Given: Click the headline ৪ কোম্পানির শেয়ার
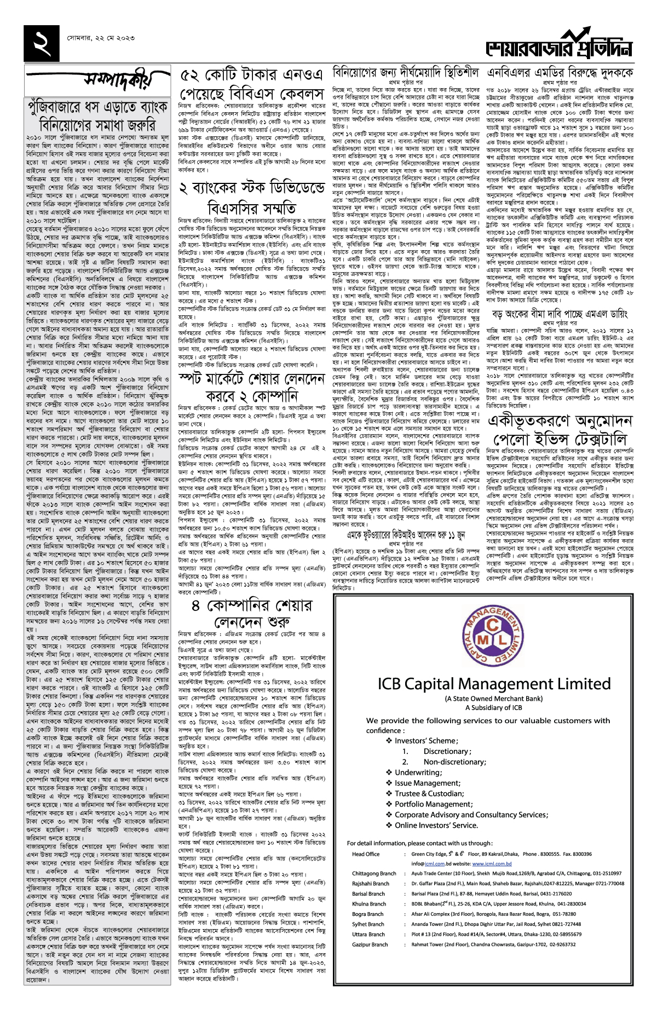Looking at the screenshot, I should (x=252, y=606).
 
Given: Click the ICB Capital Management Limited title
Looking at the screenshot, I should (x=494, y=684).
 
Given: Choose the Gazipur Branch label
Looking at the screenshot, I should (x=370, y=944).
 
